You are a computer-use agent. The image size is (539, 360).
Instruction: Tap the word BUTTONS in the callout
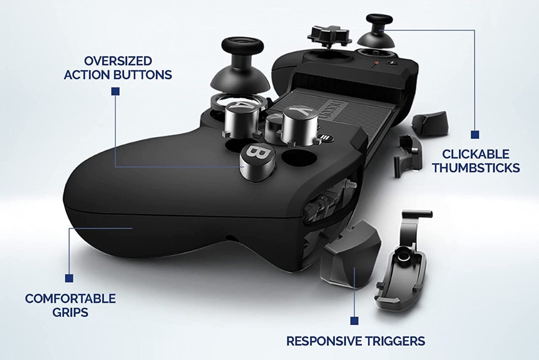[x=143, y=75]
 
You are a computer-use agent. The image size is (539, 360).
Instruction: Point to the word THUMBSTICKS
[x=476, y=168]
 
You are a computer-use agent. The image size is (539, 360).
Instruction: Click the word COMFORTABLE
[x=70, y=299]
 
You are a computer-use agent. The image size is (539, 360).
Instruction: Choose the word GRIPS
[x=70, y=312]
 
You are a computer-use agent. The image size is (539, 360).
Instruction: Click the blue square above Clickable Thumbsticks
[x=475, y=135]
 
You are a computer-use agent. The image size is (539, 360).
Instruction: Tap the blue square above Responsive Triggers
[x=355, y=321]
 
